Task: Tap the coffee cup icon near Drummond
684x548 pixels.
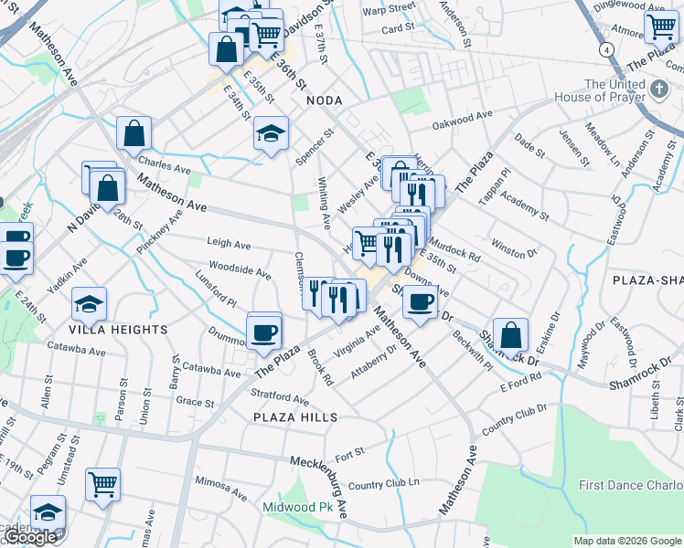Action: click(264, 332)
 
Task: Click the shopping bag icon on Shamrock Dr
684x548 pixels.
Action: click(511, 334)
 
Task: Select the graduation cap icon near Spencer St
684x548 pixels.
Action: click(271, 134)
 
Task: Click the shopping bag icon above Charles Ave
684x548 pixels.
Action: click(134, 134)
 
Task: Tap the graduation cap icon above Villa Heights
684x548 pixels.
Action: click(89, 303)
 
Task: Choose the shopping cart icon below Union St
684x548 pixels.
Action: click(103, 482)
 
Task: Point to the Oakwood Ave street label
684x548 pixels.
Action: click(462, 117)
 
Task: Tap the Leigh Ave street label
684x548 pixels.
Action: click(229, 244)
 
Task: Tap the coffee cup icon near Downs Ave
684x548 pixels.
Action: click(419, 302)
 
